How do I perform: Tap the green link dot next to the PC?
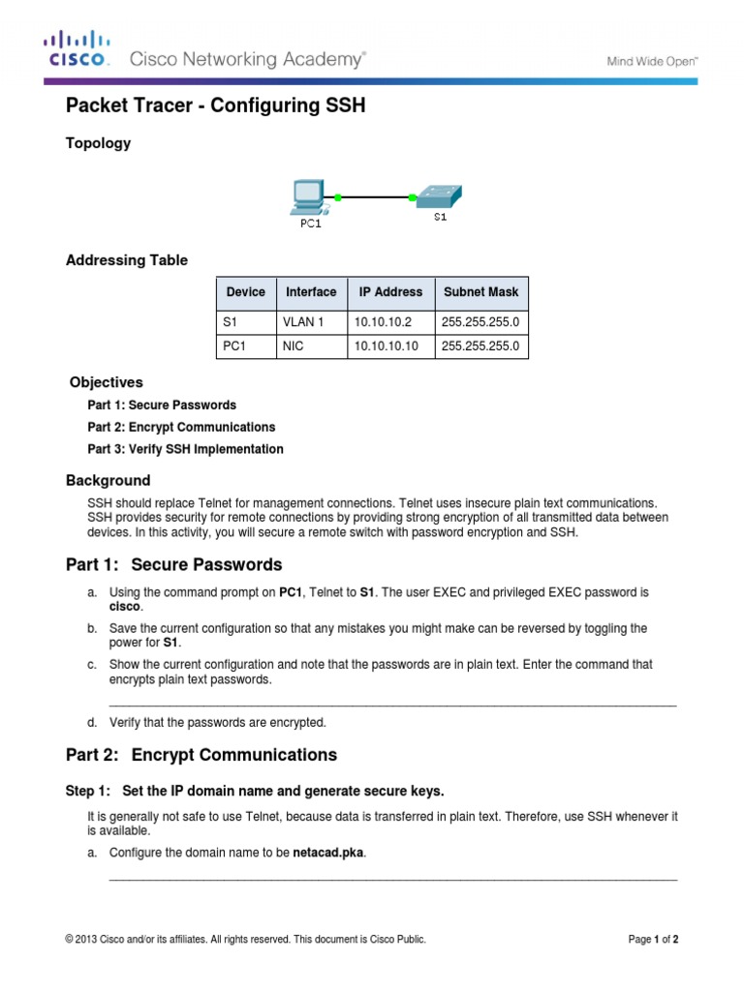tap(336, 196)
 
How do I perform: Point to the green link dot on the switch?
tap(413, 197)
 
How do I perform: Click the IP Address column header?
tap(390, 292)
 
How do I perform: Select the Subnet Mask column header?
tap(480, 292)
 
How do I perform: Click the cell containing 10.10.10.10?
tap(387, 345)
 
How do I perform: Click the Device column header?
tap(245, 292)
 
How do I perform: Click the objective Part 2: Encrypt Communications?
tap(181, 427)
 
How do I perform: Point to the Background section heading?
tap(108, 480)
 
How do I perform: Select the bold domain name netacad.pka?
tap(328, 853)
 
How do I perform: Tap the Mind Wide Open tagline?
tap(651, 61)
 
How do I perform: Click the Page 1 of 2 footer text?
tap(653, 939)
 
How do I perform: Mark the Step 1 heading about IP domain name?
tap(255, 791)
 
